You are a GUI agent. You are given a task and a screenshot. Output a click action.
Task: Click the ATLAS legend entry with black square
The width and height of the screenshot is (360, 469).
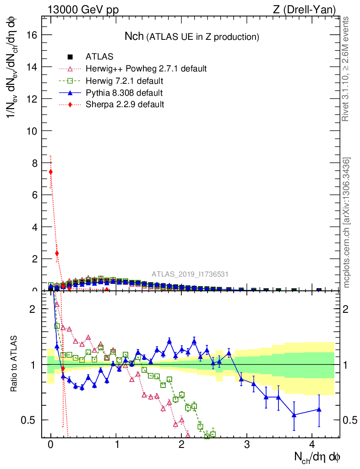click(99, 57)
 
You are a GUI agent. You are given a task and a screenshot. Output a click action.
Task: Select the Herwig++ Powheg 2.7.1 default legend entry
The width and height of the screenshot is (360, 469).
click(146, 69)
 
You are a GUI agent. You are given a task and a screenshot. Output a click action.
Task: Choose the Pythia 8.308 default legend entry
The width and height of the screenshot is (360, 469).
click(124, 93)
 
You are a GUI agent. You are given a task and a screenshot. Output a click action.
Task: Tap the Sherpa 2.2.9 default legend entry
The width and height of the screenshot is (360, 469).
click(125, 104)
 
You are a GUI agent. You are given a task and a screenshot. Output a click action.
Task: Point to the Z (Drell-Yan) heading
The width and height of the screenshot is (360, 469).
click(303, 10)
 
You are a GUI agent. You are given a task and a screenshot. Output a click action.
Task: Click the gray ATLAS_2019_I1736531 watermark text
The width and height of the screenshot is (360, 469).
click(190, 274)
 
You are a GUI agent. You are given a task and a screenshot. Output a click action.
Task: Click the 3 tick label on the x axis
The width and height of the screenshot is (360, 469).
click(246, 444)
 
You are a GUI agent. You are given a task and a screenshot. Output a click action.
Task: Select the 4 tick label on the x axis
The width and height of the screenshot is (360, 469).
click(312, 444)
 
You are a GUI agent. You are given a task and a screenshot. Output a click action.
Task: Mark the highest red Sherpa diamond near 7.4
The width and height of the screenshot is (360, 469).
click(50, 172)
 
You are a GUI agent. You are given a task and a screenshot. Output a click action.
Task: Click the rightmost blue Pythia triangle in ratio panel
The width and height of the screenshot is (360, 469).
click(319, 409)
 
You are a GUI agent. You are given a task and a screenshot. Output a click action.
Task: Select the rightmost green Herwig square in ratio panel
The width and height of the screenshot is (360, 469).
click(213, 434)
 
